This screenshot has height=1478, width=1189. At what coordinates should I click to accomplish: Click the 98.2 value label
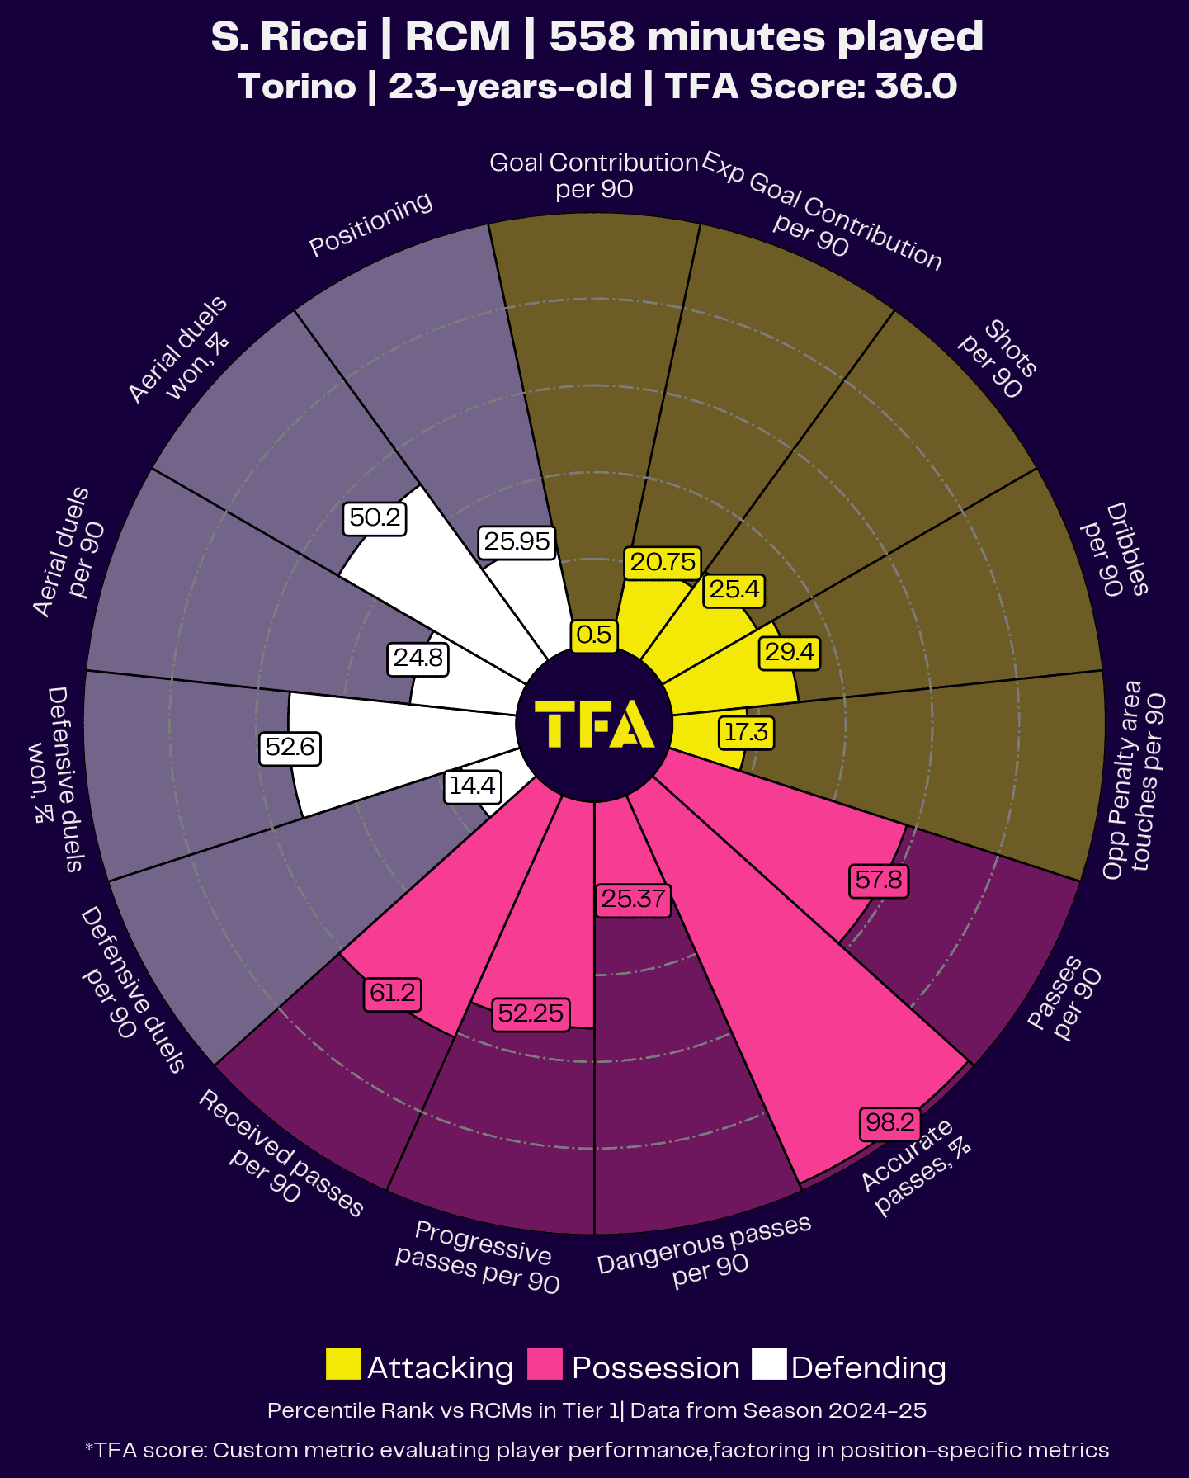[889, 1122]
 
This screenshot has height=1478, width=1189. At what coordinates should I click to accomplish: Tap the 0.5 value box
[594, 635]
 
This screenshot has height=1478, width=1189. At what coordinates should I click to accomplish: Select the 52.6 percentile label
[290, 748]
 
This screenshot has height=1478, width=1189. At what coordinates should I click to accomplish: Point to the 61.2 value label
[393, 993]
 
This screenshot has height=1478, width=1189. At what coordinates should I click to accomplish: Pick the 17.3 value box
[746, 732]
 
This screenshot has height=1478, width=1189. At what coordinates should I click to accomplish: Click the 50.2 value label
[375, 518]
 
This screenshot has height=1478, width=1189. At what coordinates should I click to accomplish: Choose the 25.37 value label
[633, 899]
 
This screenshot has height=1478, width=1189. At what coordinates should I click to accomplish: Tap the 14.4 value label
[472, 786]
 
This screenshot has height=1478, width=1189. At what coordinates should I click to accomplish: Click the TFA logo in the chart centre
[594, 724]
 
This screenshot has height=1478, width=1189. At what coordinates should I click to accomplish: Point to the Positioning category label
[370, 224]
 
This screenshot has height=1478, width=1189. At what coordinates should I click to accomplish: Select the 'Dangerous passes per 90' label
[706, 1251]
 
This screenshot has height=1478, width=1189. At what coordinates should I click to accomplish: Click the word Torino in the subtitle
[297, 87]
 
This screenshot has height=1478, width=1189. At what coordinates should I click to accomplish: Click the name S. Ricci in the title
[289, 37]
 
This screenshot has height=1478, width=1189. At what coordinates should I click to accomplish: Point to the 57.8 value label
[879, 880]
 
